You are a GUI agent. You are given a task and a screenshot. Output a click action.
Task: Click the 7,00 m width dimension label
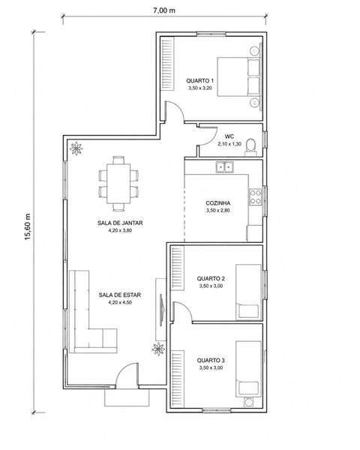pyautogui.click(x=164, y=10)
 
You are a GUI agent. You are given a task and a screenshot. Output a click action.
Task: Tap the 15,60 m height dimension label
pyautogui.click(x=28, y=226)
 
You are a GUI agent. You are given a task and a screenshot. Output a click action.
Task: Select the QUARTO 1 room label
pyautogui.click(x=199, y=81)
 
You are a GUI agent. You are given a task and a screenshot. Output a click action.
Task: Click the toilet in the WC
pyautogui.click(x=250, y=147)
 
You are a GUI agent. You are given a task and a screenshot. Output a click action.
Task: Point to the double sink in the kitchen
pyautogui.click(x=225, y=166)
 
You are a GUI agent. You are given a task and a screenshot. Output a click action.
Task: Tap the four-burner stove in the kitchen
pyautogui.click(x=255, y=197)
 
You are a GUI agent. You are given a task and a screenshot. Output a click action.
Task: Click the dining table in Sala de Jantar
pyautogui.click(x=118, y=184)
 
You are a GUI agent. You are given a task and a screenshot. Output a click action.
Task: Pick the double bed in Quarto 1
pyautogui.click(x=239, y=76)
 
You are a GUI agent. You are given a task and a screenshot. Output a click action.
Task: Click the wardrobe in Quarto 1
pyautogui.click(x=167, y=64)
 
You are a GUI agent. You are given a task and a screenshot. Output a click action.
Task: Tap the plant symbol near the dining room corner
pyautogui.click(x=76, y=148)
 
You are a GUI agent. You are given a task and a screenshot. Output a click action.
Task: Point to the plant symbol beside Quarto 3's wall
pyautogui.click(x=158, y=349)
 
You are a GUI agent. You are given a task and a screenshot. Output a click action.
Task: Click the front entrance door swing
pyautogui.click(x=124, y=369)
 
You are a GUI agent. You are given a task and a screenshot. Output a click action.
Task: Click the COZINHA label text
pyautogui.click(x=218, y=203)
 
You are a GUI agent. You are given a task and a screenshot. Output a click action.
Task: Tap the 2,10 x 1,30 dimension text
pyautogui.click(x=229, y=144)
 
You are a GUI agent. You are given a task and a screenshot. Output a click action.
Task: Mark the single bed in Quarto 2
pyautogui.click(x=248, y=292)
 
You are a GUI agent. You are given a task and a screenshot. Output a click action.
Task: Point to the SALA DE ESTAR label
pyautogui.click(x=120, y=295)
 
